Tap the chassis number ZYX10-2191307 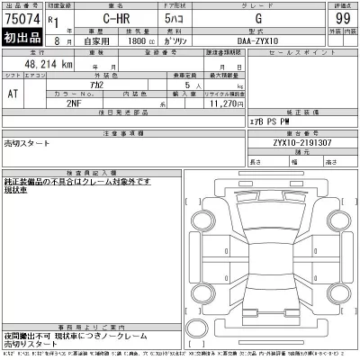point(289,142)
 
